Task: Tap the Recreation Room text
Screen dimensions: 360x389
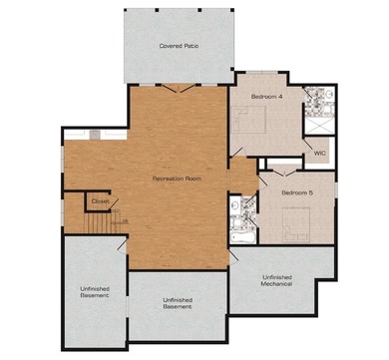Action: tap(177, 178)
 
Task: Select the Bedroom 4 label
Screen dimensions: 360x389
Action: tap(267, 96)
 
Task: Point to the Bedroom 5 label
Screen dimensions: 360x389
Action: tap(297, 190)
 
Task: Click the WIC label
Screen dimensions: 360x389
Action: tap(320, 154)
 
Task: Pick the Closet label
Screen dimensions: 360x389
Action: tap(101, 201)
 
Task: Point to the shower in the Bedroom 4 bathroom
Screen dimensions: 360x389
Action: tap(320, 125)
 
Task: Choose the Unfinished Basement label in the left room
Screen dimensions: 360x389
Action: tap(94, 293)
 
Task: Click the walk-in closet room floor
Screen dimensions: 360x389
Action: tap(318, 146)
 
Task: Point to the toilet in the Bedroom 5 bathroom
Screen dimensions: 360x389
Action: tap(235, 206)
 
